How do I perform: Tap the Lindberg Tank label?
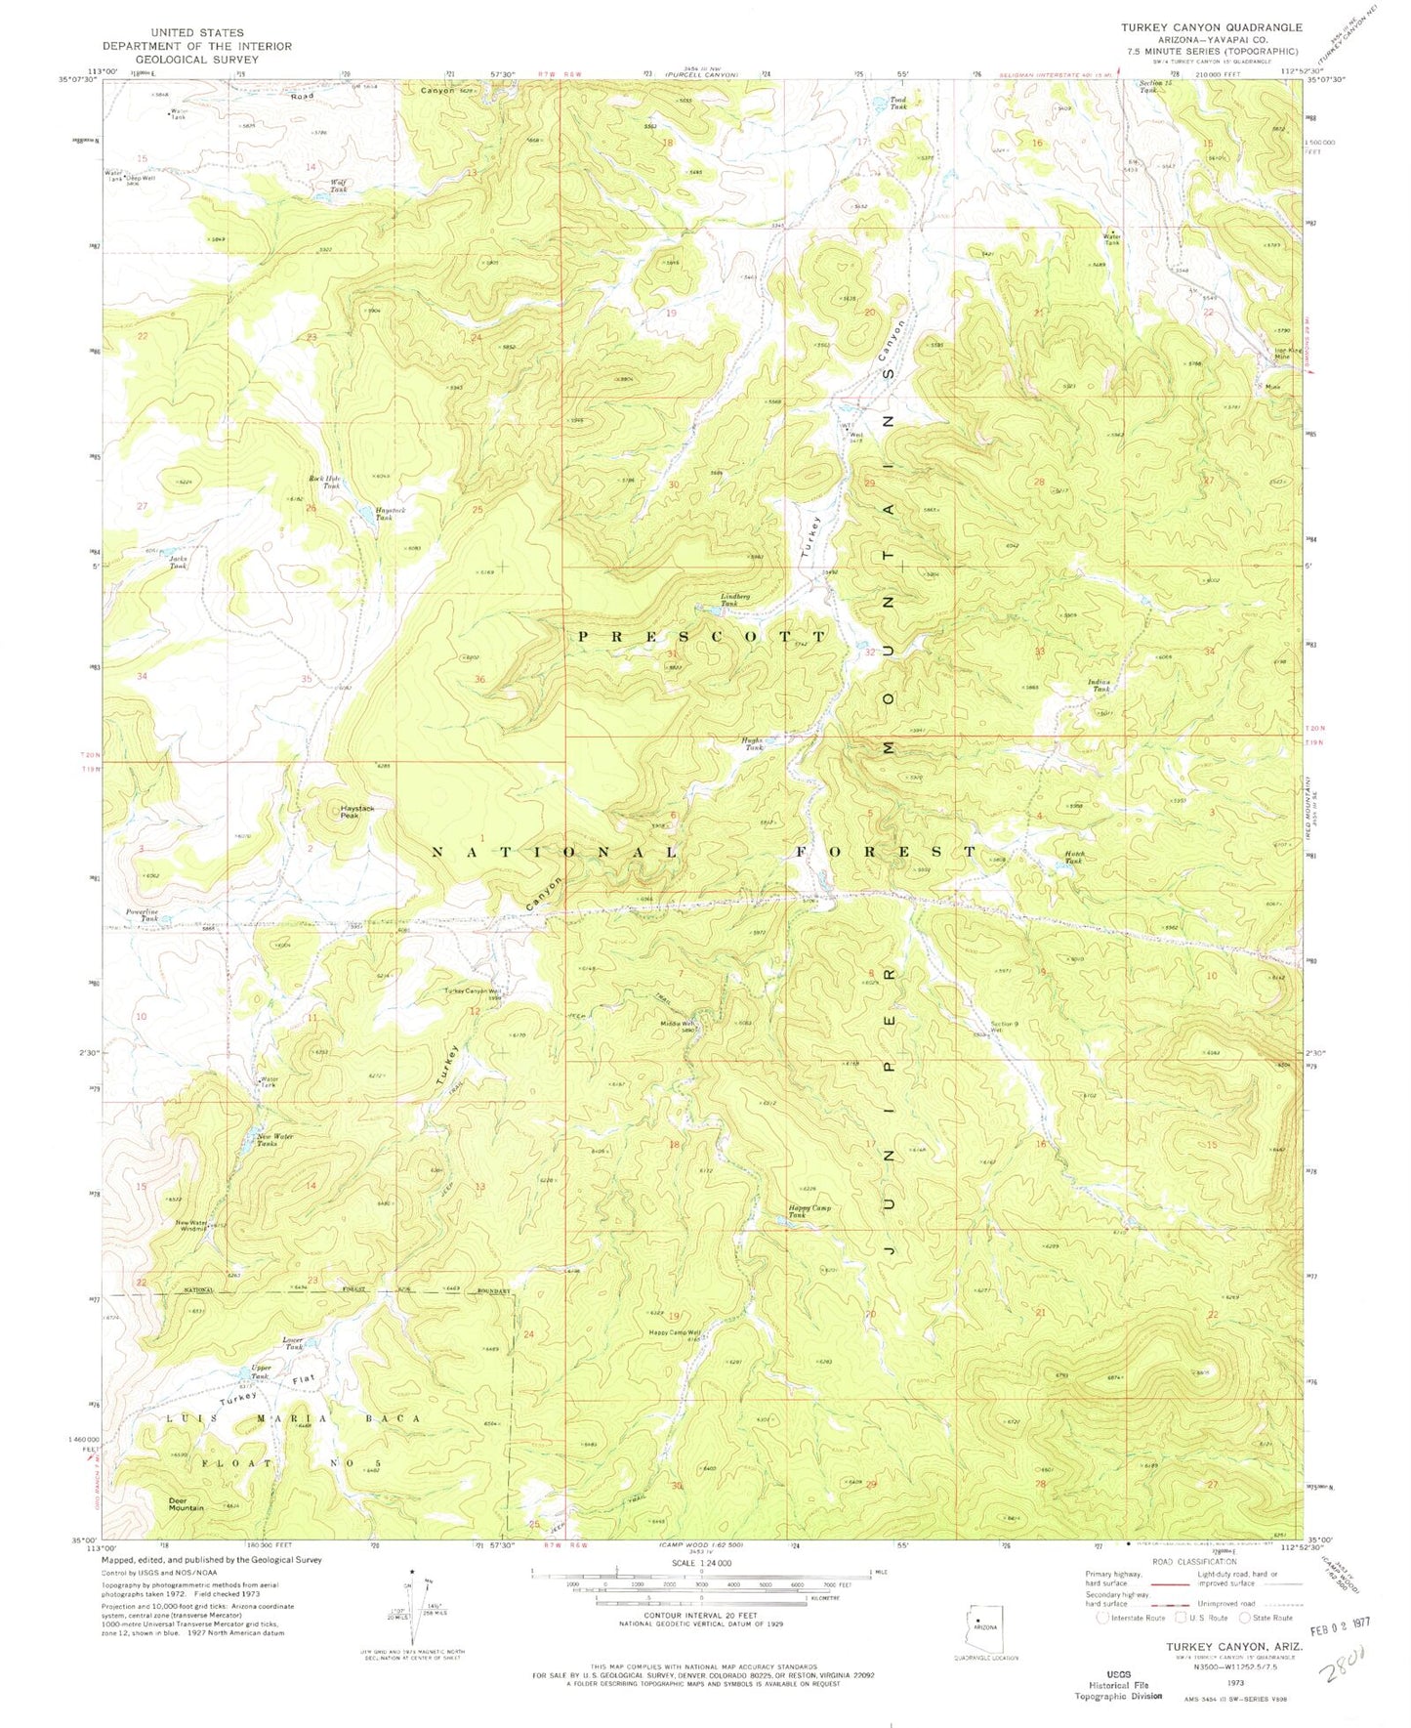pyautogui.click(x=734, y=600)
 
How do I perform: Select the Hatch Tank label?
pyautogui.click(x=1073, y=857)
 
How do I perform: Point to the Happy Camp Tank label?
pyautogui.click(x=809, y=1211)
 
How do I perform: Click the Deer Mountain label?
pyautogui.click(x=186, y=1503)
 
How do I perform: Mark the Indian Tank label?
pyautogui.click(x=1100, y=686)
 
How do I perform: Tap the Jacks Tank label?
pyautogui.click(x=177, y=563)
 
